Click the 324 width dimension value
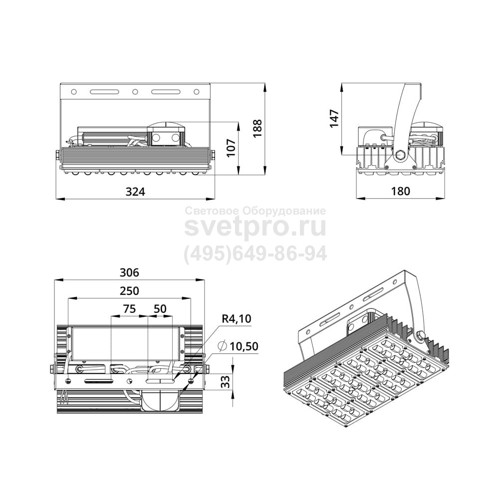(x=135, y=192)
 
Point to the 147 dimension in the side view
(x=334, y=118)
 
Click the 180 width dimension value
(x=400, y=191)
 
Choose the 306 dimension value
(x=129, y=272)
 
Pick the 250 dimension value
(x=129, y=291)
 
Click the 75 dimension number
(x=129, y=309)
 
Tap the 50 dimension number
(x=160, y=309)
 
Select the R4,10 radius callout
(x=237, y=318)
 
